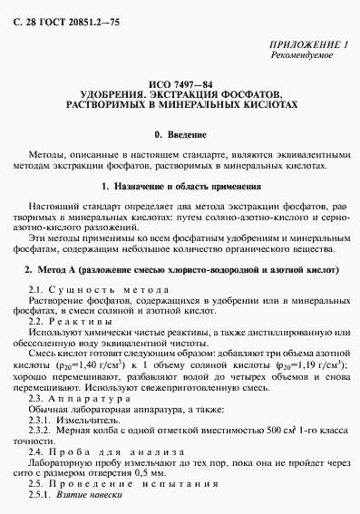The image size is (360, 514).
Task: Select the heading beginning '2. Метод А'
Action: [x=180, y=270]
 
